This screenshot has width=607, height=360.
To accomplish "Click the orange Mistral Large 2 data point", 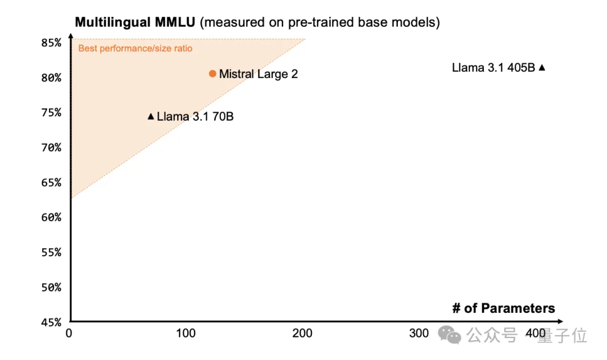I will coord(212,74).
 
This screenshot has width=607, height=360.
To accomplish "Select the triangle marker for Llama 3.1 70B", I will coord(151,116).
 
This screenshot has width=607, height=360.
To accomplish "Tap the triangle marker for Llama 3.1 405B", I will coord(542,67).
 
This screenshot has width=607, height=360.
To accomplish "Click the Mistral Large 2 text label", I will coord(259,74).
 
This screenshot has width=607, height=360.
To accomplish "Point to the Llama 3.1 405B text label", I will coord(493,67).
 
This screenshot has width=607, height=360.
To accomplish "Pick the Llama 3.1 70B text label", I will coord(195,117).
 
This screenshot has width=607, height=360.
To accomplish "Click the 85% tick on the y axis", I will coord(51,43).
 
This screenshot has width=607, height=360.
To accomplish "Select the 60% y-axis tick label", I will coord(51,217).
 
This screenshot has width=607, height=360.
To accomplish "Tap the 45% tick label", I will coord(51,322).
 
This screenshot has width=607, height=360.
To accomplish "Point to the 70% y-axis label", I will coord(51,148).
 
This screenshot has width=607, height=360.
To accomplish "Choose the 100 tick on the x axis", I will coord(186,333).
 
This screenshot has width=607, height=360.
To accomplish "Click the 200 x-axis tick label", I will coord(302,333).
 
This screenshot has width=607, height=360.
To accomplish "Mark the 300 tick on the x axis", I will coord(419,333).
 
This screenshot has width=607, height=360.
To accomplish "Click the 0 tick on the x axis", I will coord(69,333).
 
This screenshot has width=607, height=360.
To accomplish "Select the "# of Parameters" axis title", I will coord(503,308).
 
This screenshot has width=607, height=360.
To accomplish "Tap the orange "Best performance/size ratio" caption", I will coord(135,48).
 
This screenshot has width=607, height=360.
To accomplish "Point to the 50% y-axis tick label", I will coord(51,288).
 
